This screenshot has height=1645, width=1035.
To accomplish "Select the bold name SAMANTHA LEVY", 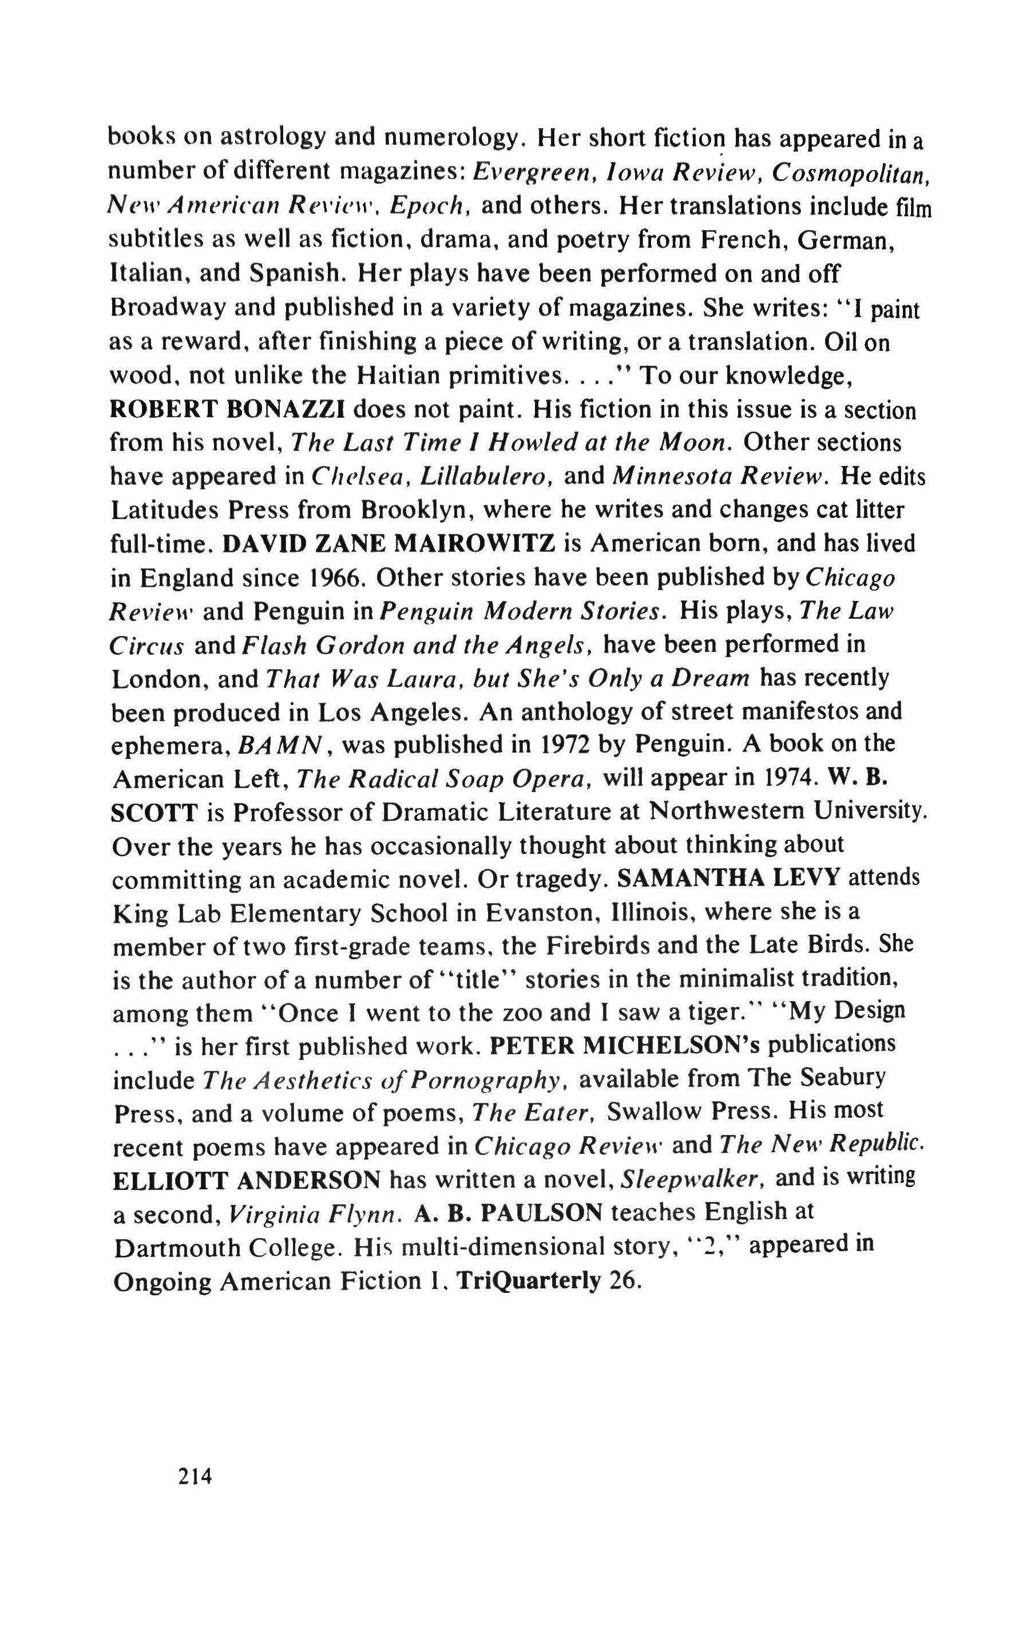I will pyautogui.click(x=727, y=879).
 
